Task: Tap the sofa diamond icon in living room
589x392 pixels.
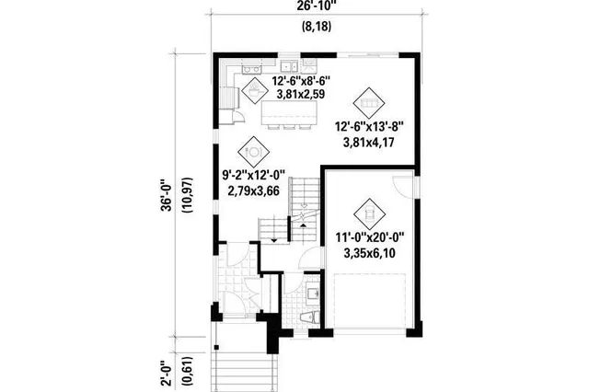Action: tap(369, 98)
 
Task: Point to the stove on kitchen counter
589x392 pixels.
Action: tap(250, 69)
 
